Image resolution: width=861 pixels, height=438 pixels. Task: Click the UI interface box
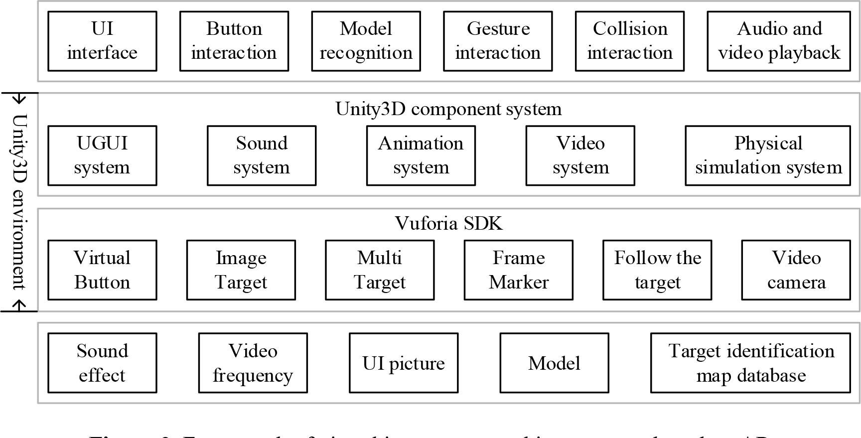(x=102, y=41)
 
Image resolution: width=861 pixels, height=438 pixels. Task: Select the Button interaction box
(x=234, y=41)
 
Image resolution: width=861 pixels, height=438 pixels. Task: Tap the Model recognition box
(x=366, y=41)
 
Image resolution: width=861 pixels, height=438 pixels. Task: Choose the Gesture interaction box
(x=498, y=41)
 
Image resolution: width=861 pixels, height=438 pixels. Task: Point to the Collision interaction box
(x=629, y=41)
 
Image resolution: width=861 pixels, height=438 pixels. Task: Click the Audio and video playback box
(x=778, y=41)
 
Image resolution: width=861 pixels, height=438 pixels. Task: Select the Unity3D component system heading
(x=448, y=109)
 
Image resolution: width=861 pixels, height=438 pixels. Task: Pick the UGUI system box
(x=102, y=155)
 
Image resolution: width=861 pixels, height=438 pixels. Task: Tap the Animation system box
(x=421, y=155)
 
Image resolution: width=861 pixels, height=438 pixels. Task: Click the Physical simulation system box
(x=767, y=155)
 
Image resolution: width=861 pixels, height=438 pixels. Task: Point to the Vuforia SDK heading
(x=448, y=223)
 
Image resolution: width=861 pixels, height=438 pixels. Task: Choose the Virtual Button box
(x=102, y=270)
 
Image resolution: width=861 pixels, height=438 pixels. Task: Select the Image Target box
(x=241, y=270)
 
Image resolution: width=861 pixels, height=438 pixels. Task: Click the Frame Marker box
(x=518, y=270)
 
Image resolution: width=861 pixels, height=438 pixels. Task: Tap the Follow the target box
(x=657, y=270)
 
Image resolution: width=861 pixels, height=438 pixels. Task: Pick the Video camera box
(x=796, y=270)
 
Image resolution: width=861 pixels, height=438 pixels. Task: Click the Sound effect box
(x=102, y=363)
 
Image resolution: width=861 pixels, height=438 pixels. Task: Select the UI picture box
(x=403, y=363)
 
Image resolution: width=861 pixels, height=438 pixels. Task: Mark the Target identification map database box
(x=750, y=363)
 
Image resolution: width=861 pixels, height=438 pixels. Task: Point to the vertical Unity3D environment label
(x=19, y=202)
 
